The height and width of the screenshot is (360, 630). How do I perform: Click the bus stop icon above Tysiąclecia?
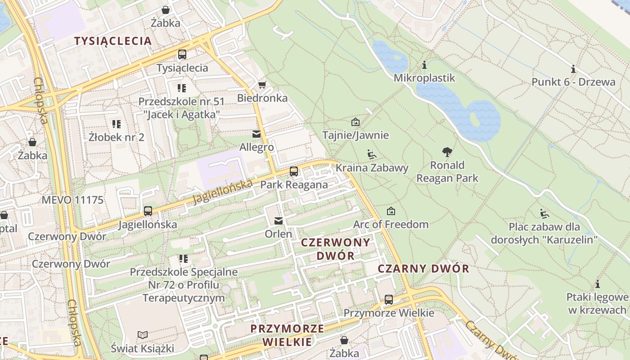(x=182, y=54)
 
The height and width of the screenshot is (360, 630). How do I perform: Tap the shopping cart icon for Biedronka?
(x=262, y=85)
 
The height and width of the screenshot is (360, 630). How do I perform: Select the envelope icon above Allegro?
(x=256, y=134)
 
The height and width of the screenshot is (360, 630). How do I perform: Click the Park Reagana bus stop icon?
(x=294, y=171)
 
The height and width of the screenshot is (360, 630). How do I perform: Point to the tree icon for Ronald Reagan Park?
(x=447, y=152)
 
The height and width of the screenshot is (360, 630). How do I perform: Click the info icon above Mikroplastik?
(x=424, y=65)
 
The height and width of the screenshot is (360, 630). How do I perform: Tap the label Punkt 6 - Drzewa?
(x=573, y=82)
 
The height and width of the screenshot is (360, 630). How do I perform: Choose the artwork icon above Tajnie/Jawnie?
(x=355, y=122)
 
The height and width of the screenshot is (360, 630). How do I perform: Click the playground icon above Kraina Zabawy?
(x=372, y=155)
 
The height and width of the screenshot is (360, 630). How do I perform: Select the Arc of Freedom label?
(x=391, y=224)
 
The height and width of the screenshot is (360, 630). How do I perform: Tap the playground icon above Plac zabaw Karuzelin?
(x=544, y=213)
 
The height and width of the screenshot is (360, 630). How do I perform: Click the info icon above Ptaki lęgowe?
(x=598, y=284)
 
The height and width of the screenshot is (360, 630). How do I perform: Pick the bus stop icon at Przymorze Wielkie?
(x=389, y=300)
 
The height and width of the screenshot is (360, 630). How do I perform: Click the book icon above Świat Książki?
(x=143, y=335)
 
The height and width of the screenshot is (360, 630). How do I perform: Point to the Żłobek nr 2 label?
(x=117, y=137)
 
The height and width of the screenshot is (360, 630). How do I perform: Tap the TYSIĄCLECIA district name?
(x=113, y=41)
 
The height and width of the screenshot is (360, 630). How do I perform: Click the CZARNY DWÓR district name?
(x=423, y=269)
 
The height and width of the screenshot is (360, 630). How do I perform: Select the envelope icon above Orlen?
(x=279, y=221)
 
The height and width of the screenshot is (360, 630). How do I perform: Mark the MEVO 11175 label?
(x=72, y=200)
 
